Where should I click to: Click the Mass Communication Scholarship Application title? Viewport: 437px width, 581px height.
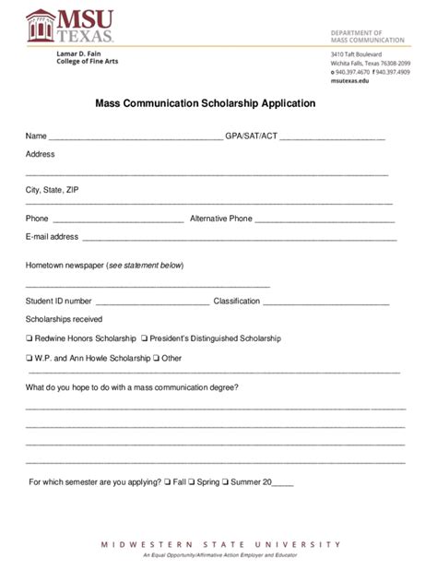(x=206, y=104)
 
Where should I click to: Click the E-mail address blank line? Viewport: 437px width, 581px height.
(x=239, y=239)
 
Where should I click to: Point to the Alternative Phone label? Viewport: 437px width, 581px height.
(x=220, y=219)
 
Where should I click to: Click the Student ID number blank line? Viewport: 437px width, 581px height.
(x=152, y=303)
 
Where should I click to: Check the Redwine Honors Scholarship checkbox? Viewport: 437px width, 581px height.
(x=30, y=338)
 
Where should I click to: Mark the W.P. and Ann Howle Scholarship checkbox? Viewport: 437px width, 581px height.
(x=30, y=358)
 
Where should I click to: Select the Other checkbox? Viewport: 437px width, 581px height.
(x=157, y=358)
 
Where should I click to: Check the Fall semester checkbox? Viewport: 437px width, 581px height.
(x=167, y=481)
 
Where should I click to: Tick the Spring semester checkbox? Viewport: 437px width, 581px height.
(x=191, y=481)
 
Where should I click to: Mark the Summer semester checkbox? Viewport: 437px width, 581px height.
(x=226, y=481)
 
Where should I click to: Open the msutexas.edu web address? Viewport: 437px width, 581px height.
(x=349, y=81)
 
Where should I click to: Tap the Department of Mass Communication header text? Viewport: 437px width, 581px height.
(x=367, y=36)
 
